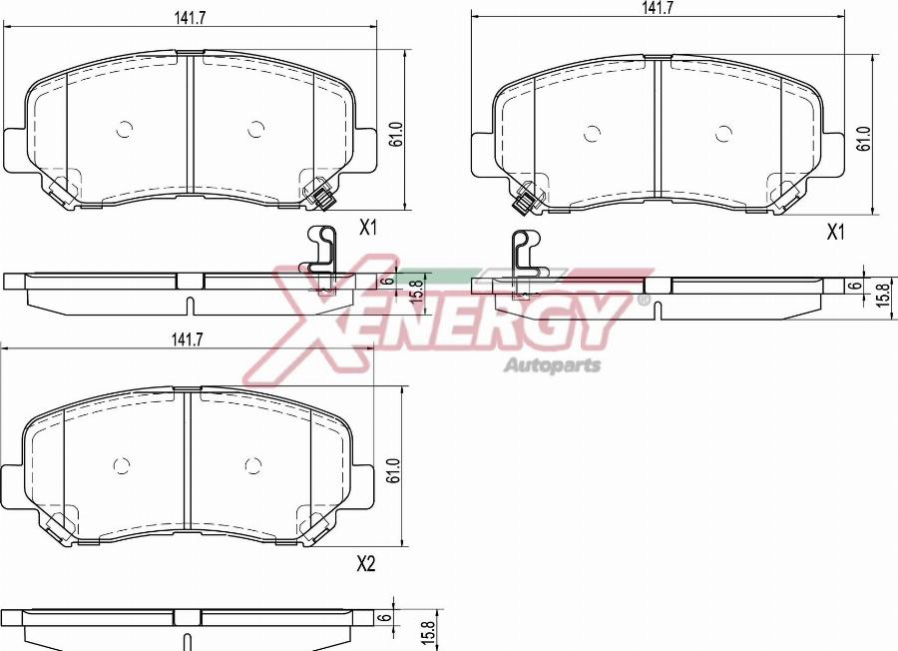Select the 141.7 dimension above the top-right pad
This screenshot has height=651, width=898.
point(657,7)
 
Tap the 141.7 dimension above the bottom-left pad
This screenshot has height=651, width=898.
point(186,340)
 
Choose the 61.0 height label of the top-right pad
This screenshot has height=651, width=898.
point(864,138)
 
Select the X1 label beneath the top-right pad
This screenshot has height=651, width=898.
point(835,232)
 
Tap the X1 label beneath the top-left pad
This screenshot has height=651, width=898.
point(367,229)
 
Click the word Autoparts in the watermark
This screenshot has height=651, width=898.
point(552,364)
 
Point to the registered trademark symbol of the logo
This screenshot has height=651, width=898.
point(644,300)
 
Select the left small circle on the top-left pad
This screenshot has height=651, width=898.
point(125,129)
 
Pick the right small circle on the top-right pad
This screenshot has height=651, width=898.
point(722,133)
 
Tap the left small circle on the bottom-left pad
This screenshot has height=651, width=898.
point(122,465)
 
